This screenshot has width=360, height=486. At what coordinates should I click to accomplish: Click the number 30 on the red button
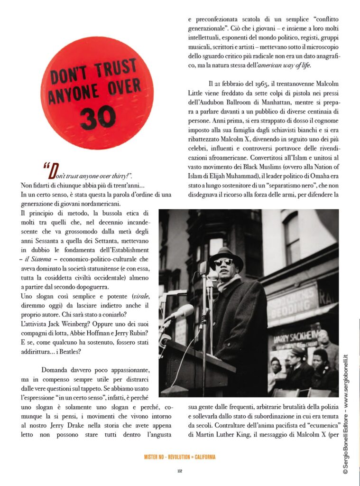click(98, 117)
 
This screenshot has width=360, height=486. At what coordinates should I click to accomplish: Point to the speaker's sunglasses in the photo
click(223, 262)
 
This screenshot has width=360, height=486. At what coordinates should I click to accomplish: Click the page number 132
click(180, 471)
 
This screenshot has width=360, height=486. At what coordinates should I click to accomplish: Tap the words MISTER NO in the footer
click(155, 457)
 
